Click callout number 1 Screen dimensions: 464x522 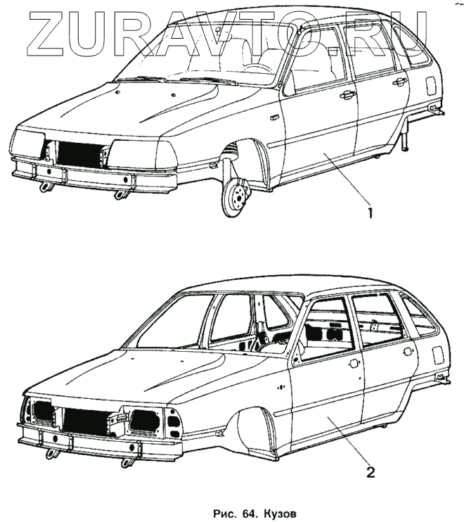point(368,208)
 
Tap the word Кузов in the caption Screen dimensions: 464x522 point(281,513)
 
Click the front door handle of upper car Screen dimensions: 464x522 point(347,95)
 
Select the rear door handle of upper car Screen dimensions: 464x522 point(401,82)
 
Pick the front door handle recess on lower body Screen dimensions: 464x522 point(354,363)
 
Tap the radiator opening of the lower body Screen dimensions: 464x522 point(86,421)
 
